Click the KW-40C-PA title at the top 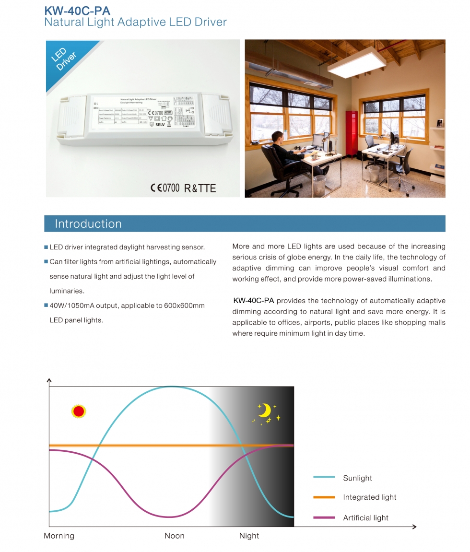coord(77,11)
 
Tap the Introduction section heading coord(88,224)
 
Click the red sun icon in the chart coord(79,411)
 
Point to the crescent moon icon coord(264,411)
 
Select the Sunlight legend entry coord(357,478)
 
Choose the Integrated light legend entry coord(369,497)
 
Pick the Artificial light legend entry coord(365,518)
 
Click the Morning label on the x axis coord(59,536)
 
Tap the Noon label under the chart coord(175,536)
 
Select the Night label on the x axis coord(249,536)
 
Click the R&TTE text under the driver coord(200,188)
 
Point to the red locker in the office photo coord(352,134)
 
